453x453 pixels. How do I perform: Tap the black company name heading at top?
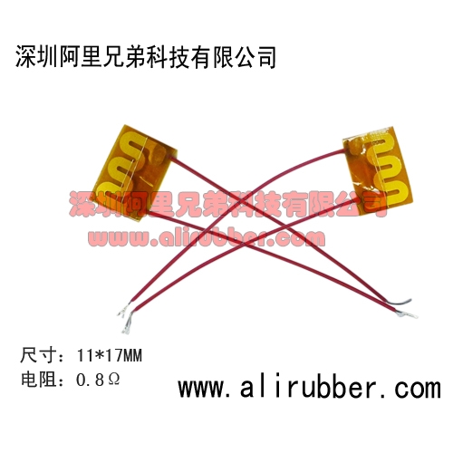tap(146, 57)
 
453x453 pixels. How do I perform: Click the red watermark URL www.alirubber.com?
tap(207, 238)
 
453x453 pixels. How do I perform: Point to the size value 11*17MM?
tap(110, 355)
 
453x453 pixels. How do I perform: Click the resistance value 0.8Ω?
tap(98, 380)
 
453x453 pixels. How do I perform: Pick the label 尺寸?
tap(38, 355)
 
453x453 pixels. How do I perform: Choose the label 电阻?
tap(38, 380)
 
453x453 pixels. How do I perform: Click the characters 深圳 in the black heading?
tap(36, 57)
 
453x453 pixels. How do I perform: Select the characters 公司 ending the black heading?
tap(255, 57)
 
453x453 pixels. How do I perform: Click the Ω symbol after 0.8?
tap(113, 380)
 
